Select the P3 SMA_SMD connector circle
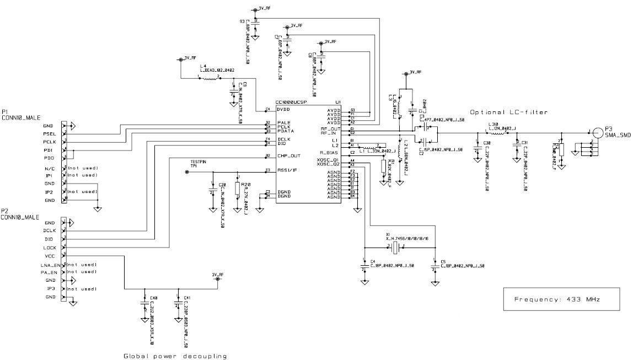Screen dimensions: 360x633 point(597,132)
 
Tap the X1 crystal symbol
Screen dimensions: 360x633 point(395,246)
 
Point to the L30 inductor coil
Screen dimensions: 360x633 point(496,132)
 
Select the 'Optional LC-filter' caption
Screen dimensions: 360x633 point(509,112)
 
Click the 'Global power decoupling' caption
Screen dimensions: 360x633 point(175,356)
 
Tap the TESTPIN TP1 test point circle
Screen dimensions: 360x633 point(186,172)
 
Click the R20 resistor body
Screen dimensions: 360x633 point(237,188)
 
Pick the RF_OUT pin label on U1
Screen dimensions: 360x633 point(331,128)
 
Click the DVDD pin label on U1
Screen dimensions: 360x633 point(286,110)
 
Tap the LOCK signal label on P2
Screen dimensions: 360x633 point(50,248)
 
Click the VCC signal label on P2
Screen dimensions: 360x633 point(49,256)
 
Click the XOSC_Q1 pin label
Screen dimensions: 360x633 point(328,160)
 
